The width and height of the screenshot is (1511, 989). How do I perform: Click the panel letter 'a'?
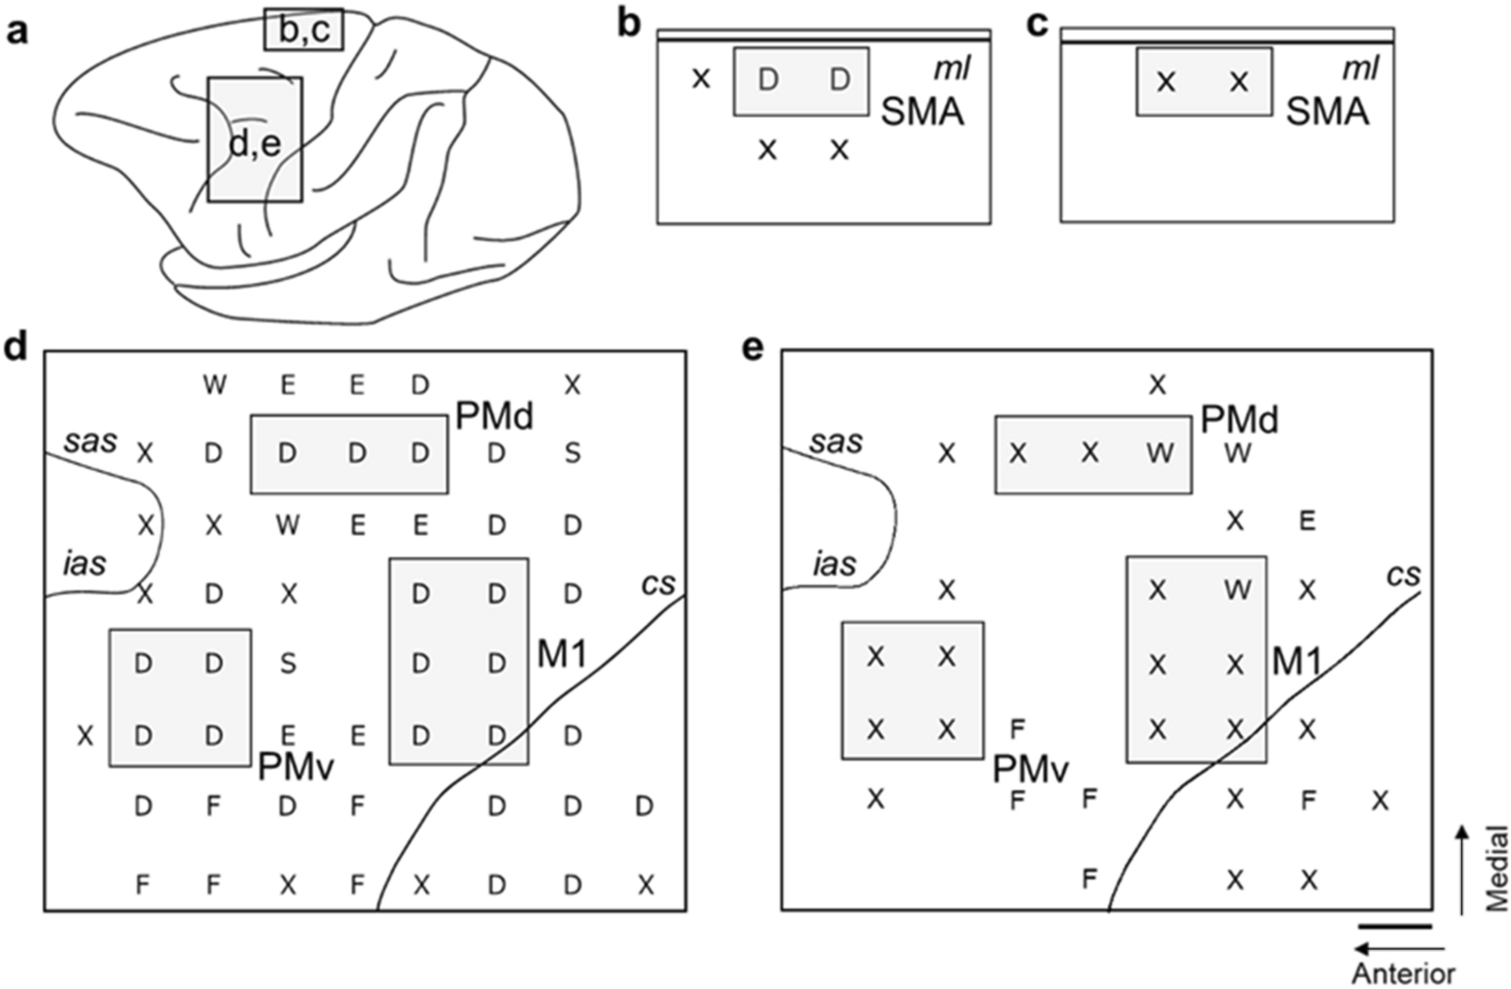coord(17,31)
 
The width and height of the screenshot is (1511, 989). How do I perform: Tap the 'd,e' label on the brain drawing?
coord(254,144)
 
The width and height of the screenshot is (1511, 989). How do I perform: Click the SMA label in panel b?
coord(923,112)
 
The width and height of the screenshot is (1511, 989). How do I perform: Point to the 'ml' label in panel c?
coord(1360,68)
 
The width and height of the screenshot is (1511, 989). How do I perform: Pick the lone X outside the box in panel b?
coord(700,78)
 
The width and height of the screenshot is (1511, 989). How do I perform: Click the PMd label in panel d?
coord(494,417)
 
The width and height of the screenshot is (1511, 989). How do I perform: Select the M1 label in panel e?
coord(1297,663)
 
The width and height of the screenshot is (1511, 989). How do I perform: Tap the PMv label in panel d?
coord(297,768)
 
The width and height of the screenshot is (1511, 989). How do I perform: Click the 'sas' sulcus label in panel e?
coord(836,442)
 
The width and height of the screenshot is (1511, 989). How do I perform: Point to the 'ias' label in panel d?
coord(84,564)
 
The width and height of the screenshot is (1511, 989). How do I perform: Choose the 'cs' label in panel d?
coord(658,584)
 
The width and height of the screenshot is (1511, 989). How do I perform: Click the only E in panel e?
coord(1307,520)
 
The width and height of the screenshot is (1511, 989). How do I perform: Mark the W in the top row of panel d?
coord(214,384)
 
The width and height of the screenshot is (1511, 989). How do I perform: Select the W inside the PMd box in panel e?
coord(1159,453)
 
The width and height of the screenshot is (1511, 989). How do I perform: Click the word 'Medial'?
coord(1495,870)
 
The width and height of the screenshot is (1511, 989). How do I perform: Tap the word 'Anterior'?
coord(1403,973)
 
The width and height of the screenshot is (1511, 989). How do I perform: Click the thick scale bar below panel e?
coord(1395,926)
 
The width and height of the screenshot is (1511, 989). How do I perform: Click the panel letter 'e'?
coord(753,348)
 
